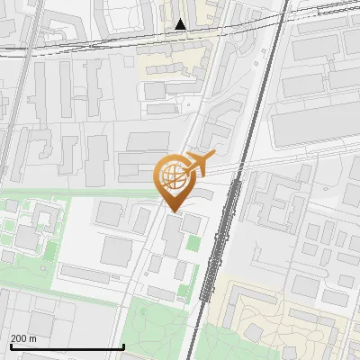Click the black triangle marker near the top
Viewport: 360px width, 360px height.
tap(182, 24)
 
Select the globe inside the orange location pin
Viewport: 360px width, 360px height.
tap(172, 175)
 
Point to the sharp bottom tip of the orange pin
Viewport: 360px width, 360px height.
tap(173, 211)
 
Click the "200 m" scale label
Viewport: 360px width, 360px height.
tap(23, 338)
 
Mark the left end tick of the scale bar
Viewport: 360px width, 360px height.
tap(10, 346)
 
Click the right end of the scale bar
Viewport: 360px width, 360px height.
tap(123, 346)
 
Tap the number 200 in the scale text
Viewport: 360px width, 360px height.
tap(20, 338)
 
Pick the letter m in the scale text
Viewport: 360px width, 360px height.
tap(33, 338)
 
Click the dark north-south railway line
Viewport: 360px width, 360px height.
tap(247, 135)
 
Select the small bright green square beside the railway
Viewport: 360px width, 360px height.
tap(193, 243)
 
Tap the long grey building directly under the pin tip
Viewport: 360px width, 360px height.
tap(172, 235)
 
